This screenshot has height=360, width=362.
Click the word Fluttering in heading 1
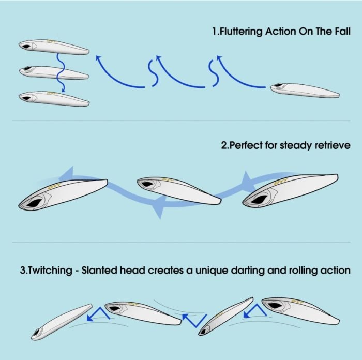pyautogui.click(x=240, y=32)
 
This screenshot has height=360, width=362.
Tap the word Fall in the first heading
pyautogui.click(x=342, y=31)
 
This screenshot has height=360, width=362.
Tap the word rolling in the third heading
pyautogui.click(x=303, y=271)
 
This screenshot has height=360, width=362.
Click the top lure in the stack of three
pyautogui.click(x=54, y=47)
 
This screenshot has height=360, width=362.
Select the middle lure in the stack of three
pyautogui.click(x=54, y=72)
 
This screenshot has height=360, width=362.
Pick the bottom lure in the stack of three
pyautogui.click(x=54, y=99)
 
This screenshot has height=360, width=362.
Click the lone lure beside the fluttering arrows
pyautogui.click(x=305, y=91)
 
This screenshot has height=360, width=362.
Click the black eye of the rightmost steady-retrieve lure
pyautogui.click(x=258, y=199)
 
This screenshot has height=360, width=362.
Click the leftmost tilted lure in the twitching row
pyautogui.click(x=62, y=322)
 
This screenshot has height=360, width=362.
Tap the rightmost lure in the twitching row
pyautogui.click(x=300, y=310)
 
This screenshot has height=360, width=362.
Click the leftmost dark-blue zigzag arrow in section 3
pyautogui.click(x=98, y=314)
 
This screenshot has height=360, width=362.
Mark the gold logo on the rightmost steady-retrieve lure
pyautogui.click(x=281, y=182)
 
